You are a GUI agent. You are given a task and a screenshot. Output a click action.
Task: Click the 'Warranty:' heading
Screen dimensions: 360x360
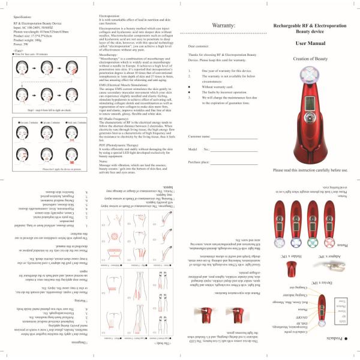[217, 26]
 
